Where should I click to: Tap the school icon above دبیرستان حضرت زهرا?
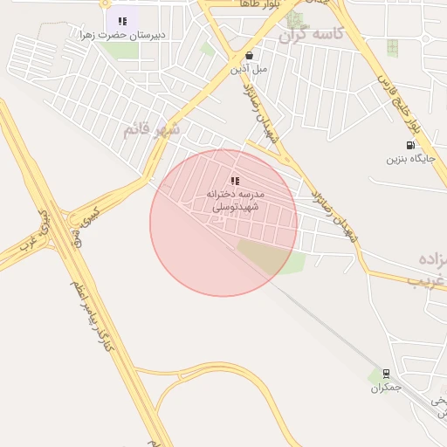click(x=122, y=21)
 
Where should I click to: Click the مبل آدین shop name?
click(x=250, y=67)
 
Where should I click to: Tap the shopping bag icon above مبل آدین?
click(x=250, y=54)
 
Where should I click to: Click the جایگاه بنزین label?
click(x=410, y=159)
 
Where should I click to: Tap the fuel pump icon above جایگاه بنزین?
click(x=410, y=145)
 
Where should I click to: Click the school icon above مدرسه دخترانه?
click(x=234, y=181)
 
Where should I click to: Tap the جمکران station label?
click(x=385, y=387)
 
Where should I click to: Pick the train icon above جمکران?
click(x=385, y=373)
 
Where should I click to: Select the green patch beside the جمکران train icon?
click(x=375, y=376)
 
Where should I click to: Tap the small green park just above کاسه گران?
click(x=295, y=17)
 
